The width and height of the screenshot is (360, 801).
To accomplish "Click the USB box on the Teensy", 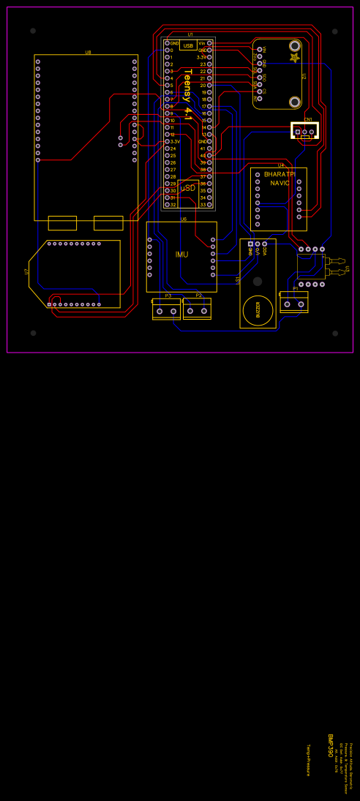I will click(x=188, y=45).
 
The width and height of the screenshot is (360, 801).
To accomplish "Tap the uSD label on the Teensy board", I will click(x=188, y=188).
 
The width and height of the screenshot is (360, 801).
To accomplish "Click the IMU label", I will click(x=181, y=255).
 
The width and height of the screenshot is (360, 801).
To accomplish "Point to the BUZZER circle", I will click(x=258, y=310).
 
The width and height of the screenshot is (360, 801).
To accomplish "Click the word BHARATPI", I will click(x=279, y=174).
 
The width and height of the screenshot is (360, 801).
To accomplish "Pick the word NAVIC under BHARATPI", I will click(x=280, y=183).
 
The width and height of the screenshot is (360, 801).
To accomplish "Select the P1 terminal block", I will click(x=294, y=304).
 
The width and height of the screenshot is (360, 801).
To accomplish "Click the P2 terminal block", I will click(x=197, y=310).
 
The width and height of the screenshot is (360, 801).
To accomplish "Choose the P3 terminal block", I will click(x=166, y=311).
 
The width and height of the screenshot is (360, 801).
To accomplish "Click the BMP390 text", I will click(x=330, y=746).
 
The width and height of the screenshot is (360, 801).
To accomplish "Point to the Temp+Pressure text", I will click(x=308, y=760).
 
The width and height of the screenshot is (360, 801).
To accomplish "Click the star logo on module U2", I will click(x=294, y=57).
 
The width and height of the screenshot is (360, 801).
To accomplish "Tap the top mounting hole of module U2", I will click(x=295, y=45).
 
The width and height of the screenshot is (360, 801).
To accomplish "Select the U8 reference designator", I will click(x=88, y=53).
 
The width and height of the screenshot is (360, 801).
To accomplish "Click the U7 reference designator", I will click(x=26, y=271).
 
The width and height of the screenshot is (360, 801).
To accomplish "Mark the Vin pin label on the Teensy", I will click(x=202, y=43).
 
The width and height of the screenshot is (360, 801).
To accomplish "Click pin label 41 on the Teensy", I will click(x=203, y=148).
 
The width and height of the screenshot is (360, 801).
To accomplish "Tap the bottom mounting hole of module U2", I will click(x=295, y=102).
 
